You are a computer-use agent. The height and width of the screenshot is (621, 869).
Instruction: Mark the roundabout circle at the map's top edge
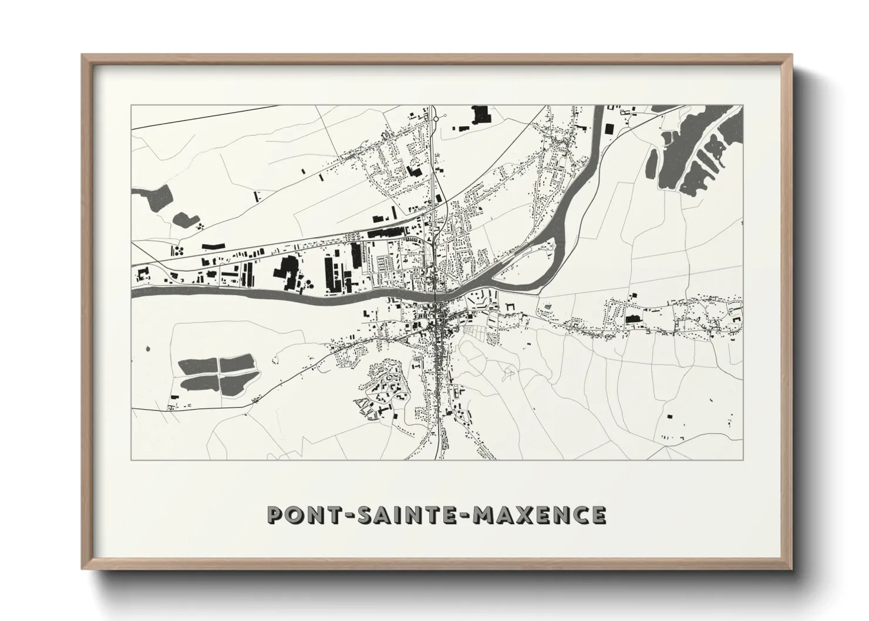coord(436,119)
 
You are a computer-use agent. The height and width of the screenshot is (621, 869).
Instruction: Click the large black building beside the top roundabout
coord(481,114)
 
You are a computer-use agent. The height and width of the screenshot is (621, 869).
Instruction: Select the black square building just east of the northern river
coord(609,128)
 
